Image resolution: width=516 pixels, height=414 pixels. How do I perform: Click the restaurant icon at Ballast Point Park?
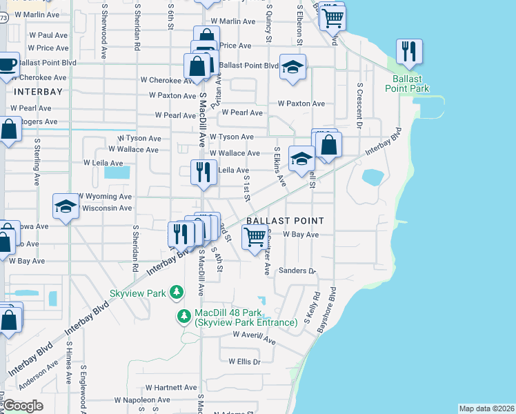[409, 52]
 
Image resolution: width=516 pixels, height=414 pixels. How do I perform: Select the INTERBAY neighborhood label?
[38, 91]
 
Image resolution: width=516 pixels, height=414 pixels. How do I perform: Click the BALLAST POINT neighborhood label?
[284, 221]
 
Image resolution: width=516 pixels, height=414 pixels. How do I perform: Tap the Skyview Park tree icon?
[177, 293]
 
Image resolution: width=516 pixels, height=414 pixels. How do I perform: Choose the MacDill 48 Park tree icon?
[184, 317]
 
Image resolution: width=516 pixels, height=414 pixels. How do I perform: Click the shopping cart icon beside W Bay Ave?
[255, 237]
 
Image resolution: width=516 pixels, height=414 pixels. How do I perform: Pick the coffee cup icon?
[8, 65]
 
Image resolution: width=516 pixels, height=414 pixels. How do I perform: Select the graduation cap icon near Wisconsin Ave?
[66, 206]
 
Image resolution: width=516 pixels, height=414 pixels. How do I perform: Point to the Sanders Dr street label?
[297, 271]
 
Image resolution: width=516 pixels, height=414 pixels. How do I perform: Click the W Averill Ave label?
[254, 337]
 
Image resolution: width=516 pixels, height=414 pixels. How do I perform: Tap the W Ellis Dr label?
[240, 362]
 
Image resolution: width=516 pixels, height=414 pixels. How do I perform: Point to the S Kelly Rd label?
[317, 305]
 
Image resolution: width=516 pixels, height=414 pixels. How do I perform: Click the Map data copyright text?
[486, 408]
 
